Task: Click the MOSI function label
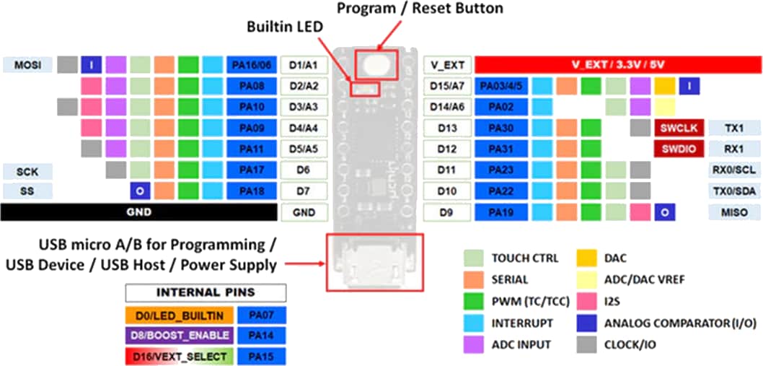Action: [27, 65]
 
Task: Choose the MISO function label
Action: [735, 212]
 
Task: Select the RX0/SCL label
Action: [735, 170]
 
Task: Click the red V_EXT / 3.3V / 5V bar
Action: [617, 65]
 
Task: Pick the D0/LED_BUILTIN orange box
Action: [179, 315]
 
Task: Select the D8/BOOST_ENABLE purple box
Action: [179, 336]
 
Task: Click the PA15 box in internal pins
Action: [262, 356]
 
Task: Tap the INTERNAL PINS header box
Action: [206, 292]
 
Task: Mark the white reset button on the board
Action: [376, 66]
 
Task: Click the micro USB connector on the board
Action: [374, 271]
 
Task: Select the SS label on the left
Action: [27, 191]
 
